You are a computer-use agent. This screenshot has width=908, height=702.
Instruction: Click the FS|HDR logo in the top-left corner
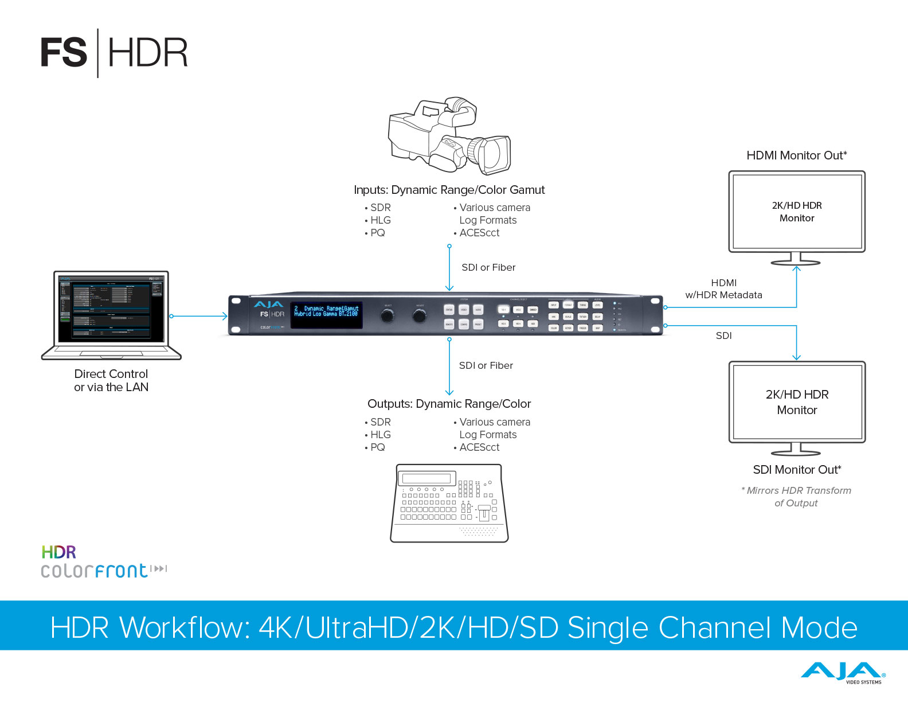114,53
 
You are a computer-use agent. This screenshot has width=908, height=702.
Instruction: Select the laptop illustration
111,315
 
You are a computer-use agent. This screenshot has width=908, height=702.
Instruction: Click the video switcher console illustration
449,503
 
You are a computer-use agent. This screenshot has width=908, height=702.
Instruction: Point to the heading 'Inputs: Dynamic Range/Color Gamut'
449,190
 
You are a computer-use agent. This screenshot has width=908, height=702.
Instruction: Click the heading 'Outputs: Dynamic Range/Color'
449,404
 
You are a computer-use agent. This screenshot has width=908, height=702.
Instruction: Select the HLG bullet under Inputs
380,220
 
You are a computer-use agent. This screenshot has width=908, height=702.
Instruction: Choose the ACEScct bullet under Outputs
479,447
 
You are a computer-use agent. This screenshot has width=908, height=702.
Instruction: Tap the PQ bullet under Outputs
377,447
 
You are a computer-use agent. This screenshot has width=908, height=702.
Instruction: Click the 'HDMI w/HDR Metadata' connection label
724,289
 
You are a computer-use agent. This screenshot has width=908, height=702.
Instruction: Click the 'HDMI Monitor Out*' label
797,155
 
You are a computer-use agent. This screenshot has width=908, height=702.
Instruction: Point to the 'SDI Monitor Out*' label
797,470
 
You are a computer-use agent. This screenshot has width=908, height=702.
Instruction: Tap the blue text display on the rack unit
326,315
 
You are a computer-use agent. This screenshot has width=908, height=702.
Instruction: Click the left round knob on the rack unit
388,315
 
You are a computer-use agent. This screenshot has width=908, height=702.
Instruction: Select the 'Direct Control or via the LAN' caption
111,380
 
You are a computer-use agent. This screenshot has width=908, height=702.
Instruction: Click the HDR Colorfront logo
103,562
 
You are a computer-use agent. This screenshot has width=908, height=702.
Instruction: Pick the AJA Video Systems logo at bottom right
843,672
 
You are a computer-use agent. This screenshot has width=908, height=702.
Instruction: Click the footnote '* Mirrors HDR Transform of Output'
796,497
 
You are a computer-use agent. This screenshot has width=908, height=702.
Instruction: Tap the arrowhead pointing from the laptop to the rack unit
225,316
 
